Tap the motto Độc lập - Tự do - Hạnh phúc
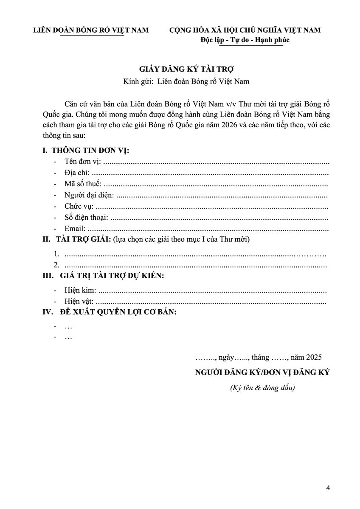click(245, 40)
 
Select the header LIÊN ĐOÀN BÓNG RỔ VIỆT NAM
click(91, 30)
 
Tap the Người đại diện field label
click(89, 196)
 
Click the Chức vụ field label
click(79, 207)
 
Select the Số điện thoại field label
click(86, 218)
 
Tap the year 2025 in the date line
click(314, 357)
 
